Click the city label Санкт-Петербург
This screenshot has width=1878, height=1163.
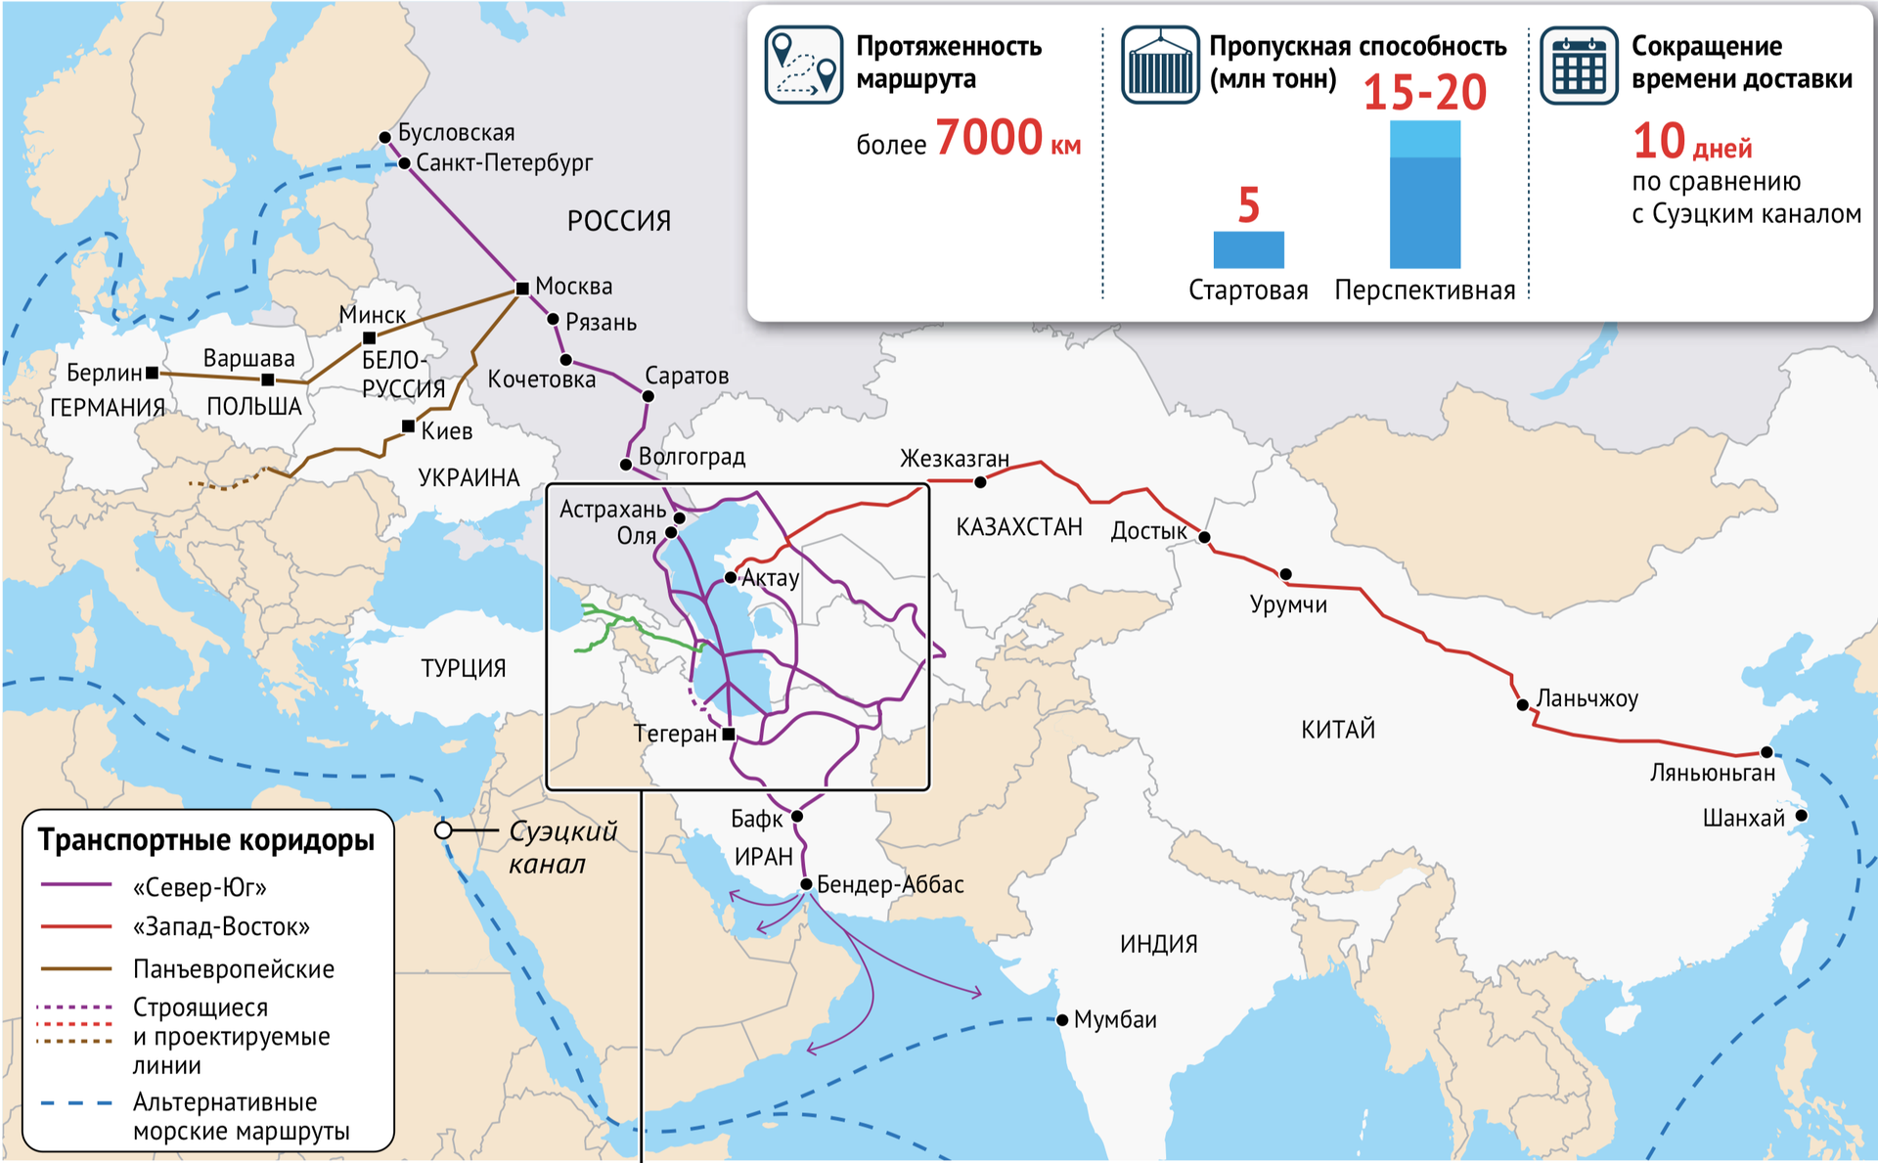click(504, 162)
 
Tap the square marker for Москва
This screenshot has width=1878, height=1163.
click(522, 289)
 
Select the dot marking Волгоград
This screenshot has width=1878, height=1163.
click(626, 465)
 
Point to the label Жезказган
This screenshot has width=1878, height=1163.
click(954, 458)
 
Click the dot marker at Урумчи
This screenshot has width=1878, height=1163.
click(1285, 574)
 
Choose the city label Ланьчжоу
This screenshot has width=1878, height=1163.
click(1587, 698)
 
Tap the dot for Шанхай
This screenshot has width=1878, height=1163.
click(1801, 816)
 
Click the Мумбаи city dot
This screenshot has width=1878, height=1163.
click(1062, 1020)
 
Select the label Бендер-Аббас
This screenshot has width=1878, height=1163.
click(890, 885)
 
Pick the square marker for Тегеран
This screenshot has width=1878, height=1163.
click(729, 734)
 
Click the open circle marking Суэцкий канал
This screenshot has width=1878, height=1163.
click(443, 830)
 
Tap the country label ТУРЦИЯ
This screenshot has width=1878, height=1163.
click(464, 669)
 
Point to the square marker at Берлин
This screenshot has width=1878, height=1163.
click(153, 373)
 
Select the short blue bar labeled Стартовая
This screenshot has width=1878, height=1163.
click(1248, 249)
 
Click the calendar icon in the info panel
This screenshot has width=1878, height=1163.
click(1579, 66)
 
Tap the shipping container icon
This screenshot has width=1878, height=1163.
click(1160, 66)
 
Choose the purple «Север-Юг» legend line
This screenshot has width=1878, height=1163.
click(76, 885)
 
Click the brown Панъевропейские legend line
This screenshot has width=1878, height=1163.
click(76, 968)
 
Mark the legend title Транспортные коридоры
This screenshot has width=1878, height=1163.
click(206, 840)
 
